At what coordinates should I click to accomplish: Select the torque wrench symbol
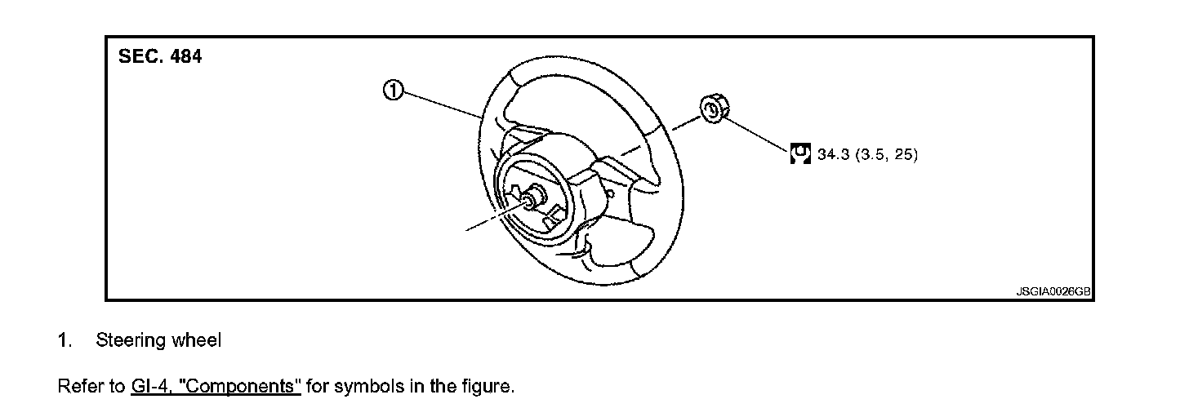[x=800, y=154]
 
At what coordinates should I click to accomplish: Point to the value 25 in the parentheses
[x=902, y=155]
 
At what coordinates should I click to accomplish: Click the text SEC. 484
[x=160, y=57]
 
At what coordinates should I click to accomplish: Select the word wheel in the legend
[x=196, y=341]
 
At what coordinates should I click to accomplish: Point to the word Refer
[x=78, y=385]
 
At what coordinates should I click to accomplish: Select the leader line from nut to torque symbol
[x=756, y=134]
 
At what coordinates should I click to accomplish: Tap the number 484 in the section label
[x=185, y=57]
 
